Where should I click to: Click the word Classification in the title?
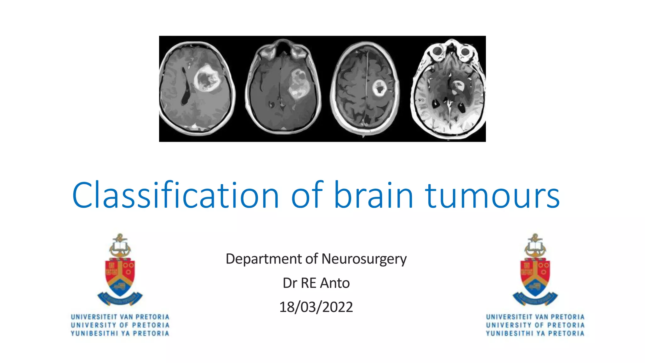175,195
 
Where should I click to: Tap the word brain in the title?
373,195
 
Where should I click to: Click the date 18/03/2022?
316,307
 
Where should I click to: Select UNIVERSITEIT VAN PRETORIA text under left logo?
120,317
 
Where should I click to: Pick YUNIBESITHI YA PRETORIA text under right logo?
535,333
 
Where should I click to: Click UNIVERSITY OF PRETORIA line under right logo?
535,325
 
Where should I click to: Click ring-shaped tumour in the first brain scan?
207,79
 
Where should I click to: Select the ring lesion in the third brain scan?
379,88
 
